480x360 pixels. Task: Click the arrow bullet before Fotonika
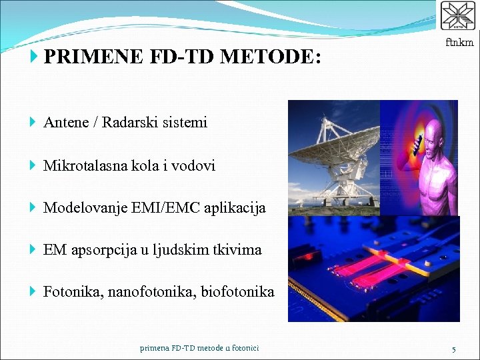click(x=34, y=292)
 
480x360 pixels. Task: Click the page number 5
click(x=453, y=349)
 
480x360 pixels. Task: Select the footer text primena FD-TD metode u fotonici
click(x=199, y=348)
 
